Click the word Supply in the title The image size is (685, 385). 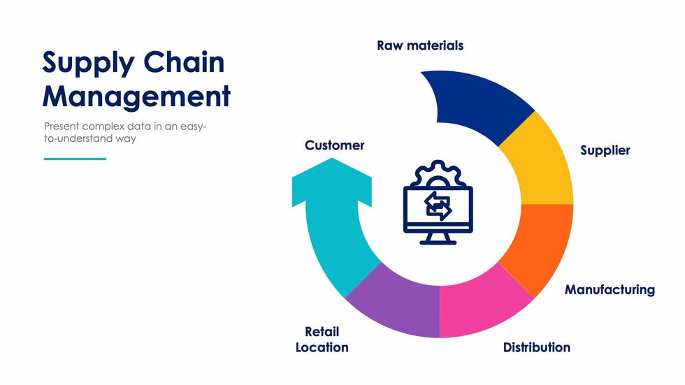[87, 64]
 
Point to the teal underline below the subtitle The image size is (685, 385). [75, 159]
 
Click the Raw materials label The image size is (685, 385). [420, 45]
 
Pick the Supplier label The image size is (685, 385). [605, 150]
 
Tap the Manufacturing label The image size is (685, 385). [610, 289]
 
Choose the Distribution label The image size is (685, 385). [537, 347]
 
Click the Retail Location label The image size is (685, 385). [322, 339]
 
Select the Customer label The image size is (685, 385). [334, 145]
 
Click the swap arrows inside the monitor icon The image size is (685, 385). [438, 207]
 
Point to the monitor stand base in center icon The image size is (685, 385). [438, 242]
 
